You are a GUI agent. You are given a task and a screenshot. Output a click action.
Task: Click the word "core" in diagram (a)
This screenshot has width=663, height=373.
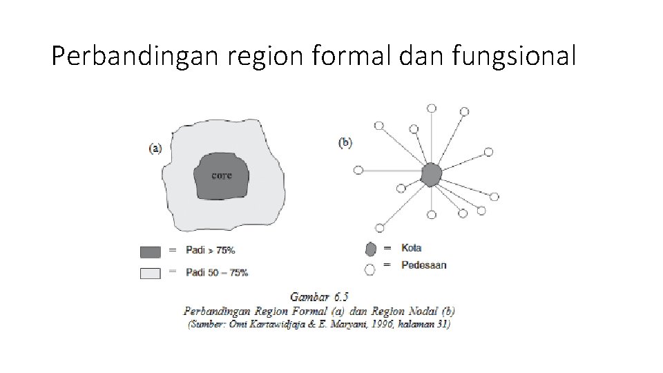pyautogui.click(x=222, y=175)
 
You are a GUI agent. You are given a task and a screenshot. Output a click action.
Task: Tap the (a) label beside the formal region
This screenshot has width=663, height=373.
pyautogui.click(x=156, y=147)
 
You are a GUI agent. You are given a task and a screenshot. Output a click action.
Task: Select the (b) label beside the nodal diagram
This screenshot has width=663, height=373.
pyautogui.click(x=345, y=143)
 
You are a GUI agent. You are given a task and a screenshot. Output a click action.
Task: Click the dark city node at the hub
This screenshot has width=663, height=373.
pyautogui.click(x=431, y=174)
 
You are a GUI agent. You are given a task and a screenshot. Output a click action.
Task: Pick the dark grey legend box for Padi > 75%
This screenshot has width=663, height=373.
pyautogui.click(x=150, y=251)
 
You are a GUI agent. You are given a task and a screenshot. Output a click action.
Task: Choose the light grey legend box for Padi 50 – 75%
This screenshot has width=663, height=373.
pyautogui.click(x=150, y=273)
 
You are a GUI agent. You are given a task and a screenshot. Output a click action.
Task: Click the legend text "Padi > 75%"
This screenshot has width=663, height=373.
pyautogui.click(x=215, y=250)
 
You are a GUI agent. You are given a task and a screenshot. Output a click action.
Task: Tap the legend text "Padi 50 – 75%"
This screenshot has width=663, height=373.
pyautogui.click(x=217, y=272)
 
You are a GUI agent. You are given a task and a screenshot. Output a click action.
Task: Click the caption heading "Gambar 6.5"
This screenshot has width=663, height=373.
pyautogui.click(x=319, y=297)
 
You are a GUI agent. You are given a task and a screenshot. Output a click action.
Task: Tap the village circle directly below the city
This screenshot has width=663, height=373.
pyautogui.click(x=431, y=215)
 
